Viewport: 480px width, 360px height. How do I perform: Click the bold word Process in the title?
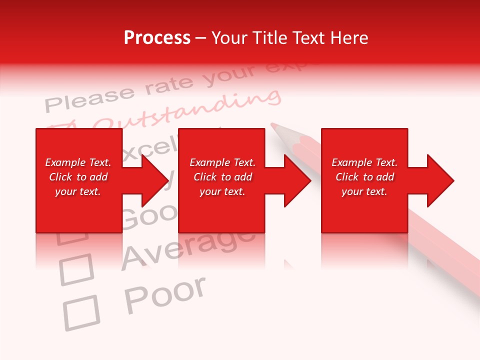pyautogui.click(x=157, y=38)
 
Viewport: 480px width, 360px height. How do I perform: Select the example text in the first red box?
pyautogui.click(x=78, y=177)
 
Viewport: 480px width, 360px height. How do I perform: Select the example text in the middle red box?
pyautogui.click(x=222, y=177)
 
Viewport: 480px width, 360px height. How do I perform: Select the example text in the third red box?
pyautogui.click(x=364, y=177)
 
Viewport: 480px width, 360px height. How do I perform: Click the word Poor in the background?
pyautogui.click(x=164, y=294)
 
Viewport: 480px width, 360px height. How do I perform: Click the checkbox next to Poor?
pyautogui.click(x=81, y=312)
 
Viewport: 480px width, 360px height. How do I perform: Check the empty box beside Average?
pyautogui.click(x=76, y=269)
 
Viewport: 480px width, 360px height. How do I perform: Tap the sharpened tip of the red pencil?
pyautogui.click(x=273, y=125)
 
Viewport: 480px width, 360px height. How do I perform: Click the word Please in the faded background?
pyautogui.click(x=90, y=98)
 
